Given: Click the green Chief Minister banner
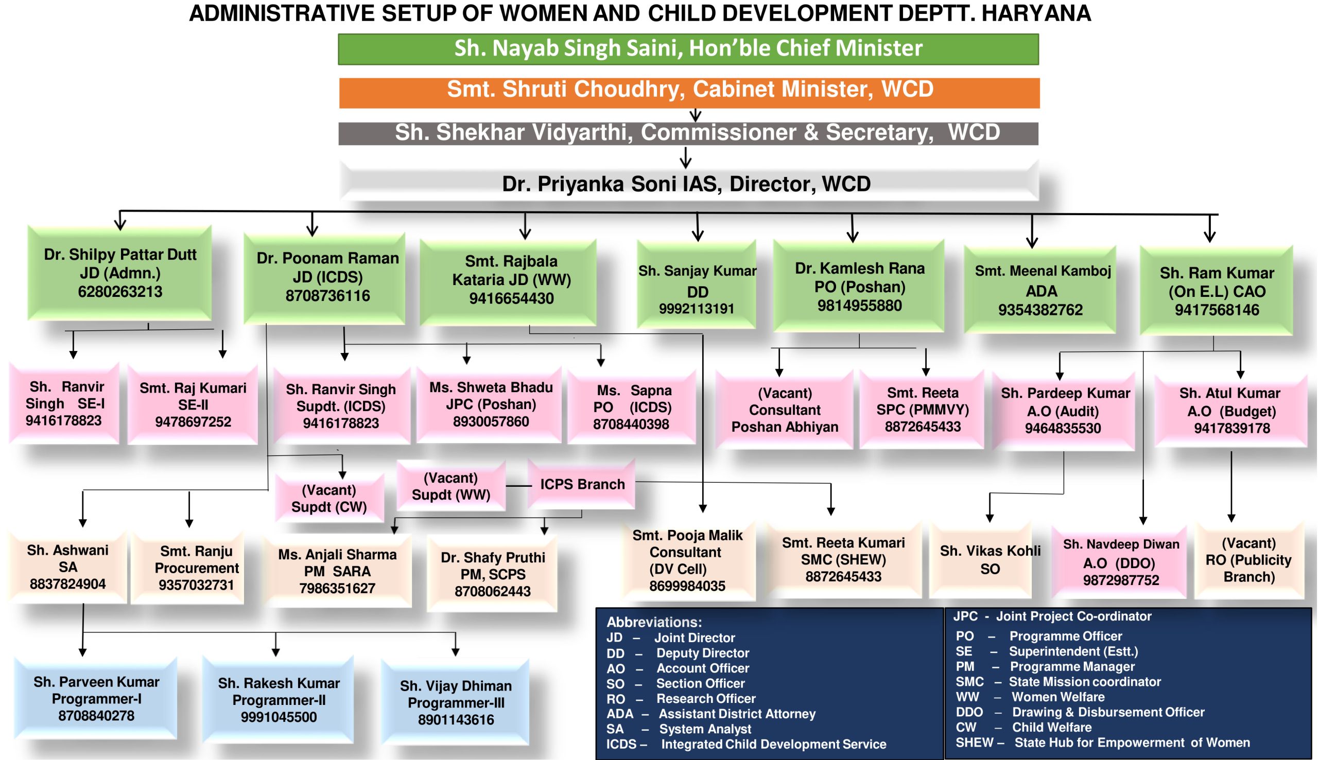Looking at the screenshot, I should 688,48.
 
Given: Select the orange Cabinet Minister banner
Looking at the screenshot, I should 689,92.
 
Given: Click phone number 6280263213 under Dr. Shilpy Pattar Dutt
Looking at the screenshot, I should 120,292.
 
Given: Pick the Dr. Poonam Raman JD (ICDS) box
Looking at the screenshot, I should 327,277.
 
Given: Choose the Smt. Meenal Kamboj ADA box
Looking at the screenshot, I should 1041,290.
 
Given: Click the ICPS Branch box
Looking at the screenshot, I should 582,484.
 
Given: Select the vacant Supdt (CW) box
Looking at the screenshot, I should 329,498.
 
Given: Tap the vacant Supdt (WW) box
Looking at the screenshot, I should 450,486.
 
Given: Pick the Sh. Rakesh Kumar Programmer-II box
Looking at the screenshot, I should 279,699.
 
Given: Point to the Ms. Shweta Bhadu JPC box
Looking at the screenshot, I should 490,404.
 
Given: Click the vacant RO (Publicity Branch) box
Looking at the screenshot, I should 1248,560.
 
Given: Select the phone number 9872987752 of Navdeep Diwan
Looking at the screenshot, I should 1121,580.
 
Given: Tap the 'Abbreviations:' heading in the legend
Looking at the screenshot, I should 654,622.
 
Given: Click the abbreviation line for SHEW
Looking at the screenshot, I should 1102,743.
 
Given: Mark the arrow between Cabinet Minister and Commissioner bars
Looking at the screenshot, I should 695,115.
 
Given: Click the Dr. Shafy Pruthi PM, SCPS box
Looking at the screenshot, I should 492,574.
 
